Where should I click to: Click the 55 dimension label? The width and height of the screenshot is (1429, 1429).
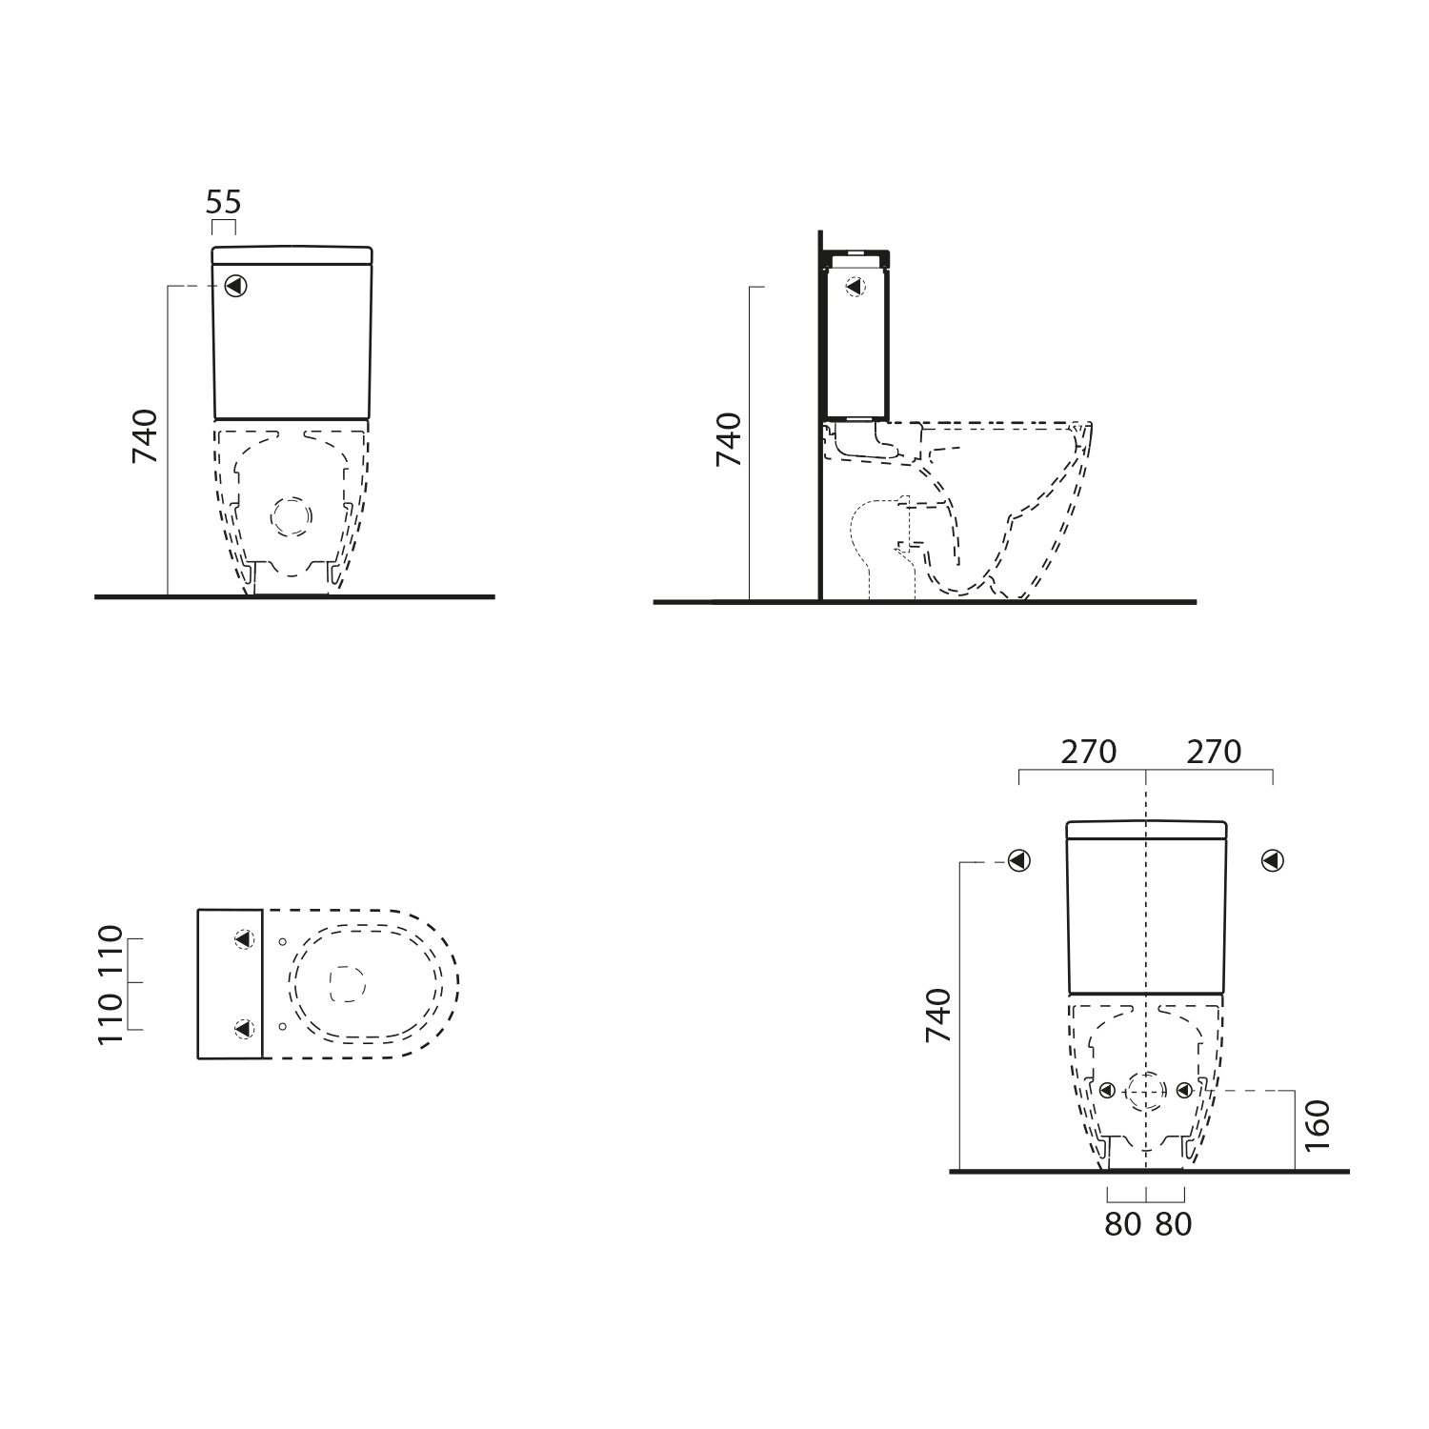click(224, 202)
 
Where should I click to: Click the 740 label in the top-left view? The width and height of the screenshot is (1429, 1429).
click(144, 436)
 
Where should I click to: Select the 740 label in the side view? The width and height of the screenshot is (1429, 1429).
click(728, 439)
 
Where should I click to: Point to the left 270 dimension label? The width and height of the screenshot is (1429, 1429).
click(1089, 752)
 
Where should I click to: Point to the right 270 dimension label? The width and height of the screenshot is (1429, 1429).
click(1215, 752)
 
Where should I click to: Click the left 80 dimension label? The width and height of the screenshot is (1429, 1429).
click(1123, 1224)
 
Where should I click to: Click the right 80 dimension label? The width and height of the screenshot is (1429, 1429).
click(1174, 1224)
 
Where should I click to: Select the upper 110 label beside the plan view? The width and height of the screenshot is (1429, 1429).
click(111, 951)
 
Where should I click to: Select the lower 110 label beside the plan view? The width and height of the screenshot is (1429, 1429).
click(111, 1017)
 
